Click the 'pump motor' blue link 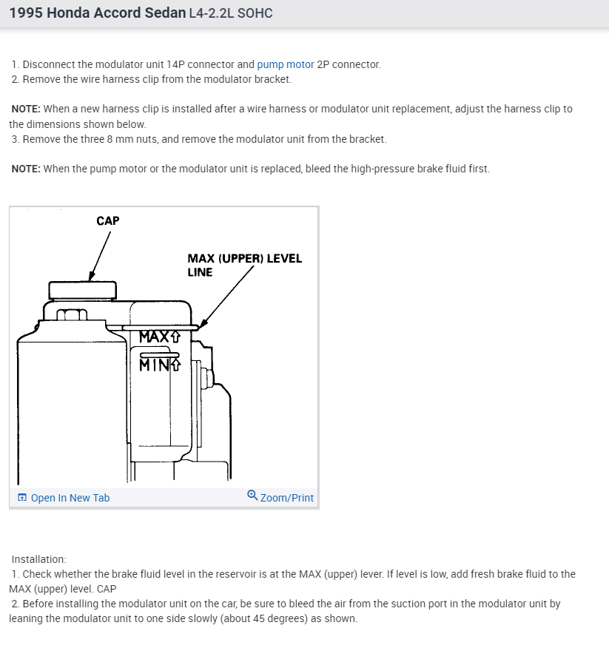click(286, 64)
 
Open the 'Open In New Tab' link click(70, 498)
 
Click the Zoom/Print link click(286, 498)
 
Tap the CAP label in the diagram click(107, 220)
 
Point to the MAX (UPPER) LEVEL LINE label click(244, 265)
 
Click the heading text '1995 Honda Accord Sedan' click(98, 13)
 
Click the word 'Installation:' click(38, 559)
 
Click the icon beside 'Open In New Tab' click(22, 498)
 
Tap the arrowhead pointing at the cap click(91, 277)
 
